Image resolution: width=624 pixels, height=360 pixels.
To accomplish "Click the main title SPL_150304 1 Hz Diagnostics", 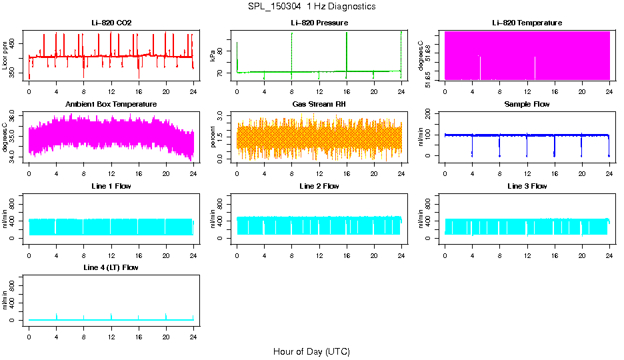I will (x=311, y=7).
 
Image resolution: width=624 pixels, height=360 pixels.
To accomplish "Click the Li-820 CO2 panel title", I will (x=111, y=23).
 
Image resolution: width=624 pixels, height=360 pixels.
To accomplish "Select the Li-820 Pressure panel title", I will (x=319, y=23).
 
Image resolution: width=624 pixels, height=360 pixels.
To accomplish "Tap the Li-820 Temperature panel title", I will (x=527, y=23).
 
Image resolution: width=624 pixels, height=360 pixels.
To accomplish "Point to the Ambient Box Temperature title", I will (x=111, y=105).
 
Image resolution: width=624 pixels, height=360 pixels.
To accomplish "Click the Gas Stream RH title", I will (x=319, y=105).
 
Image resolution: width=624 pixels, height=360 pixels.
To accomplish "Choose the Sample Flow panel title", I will (x=527, y=105).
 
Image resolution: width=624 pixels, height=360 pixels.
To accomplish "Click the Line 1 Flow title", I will (x=111, y=186).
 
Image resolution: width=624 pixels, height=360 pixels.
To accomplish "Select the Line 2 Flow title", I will (x=319, y=186).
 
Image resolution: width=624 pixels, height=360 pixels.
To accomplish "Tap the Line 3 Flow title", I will (x=527, y=186).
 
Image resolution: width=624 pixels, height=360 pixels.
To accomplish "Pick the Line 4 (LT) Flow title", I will (x=111, y=267).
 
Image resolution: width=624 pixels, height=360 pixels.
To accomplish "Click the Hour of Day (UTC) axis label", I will (x=311, y=351).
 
